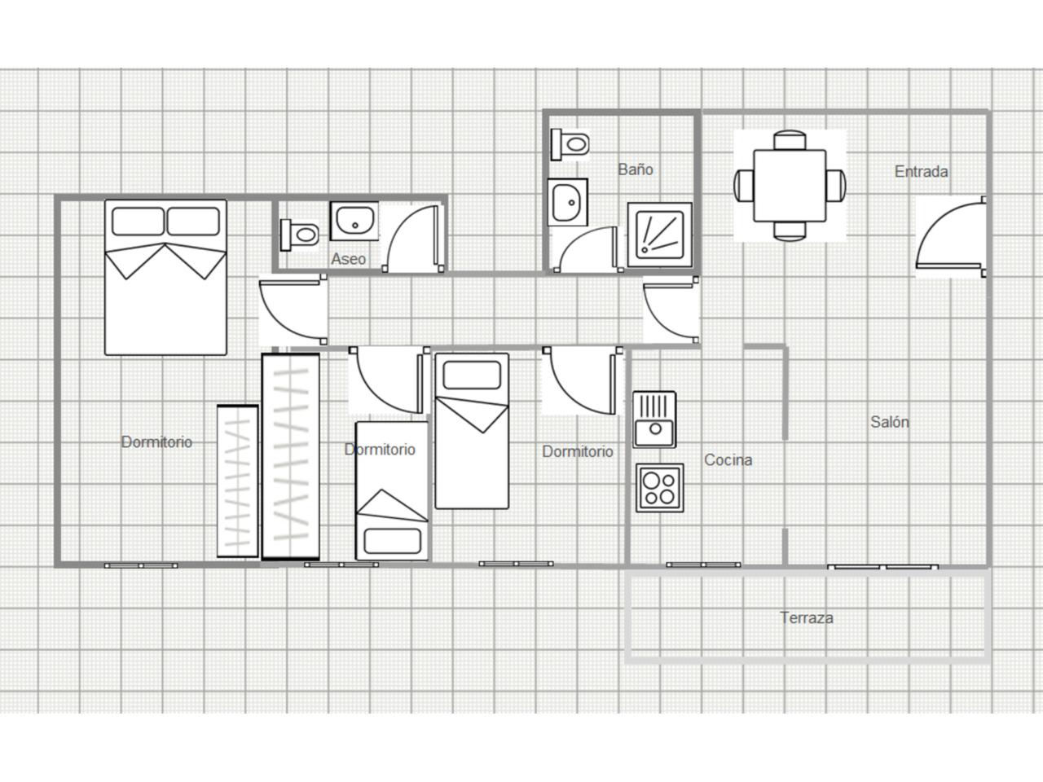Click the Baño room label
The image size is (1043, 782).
point(636,169)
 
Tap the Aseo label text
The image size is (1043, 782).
point(348,259)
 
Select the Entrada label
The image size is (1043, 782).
point(921,171)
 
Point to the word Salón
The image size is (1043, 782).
point(890,422)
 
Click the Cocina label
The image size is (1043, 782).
point(728,459)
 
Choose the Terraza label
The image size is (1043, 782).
point(807,617)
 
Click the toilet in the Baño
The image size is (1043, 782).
point(570,144)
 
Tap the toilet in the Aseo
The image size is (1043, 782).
point(299,235)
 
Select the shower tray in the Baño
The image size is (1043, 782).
point(659,235)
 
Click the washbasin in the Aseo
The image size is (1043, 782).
point(354,221)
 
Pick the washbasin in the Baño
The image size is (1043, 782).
point(567,202)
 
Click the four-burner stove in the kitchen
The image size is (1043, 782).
point(659,488)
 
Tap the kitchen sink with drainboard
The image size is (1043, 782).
point(654,420)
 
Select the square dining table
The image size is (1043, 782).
point(790,186)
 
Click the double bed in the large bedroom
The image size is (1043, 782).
point(165,277)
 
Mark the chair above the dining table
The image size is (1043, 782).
point(790,141)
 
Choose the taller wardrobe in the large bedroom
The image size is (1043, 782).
point(290,456)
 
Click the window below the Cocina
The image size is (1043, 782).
point(703,565)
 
